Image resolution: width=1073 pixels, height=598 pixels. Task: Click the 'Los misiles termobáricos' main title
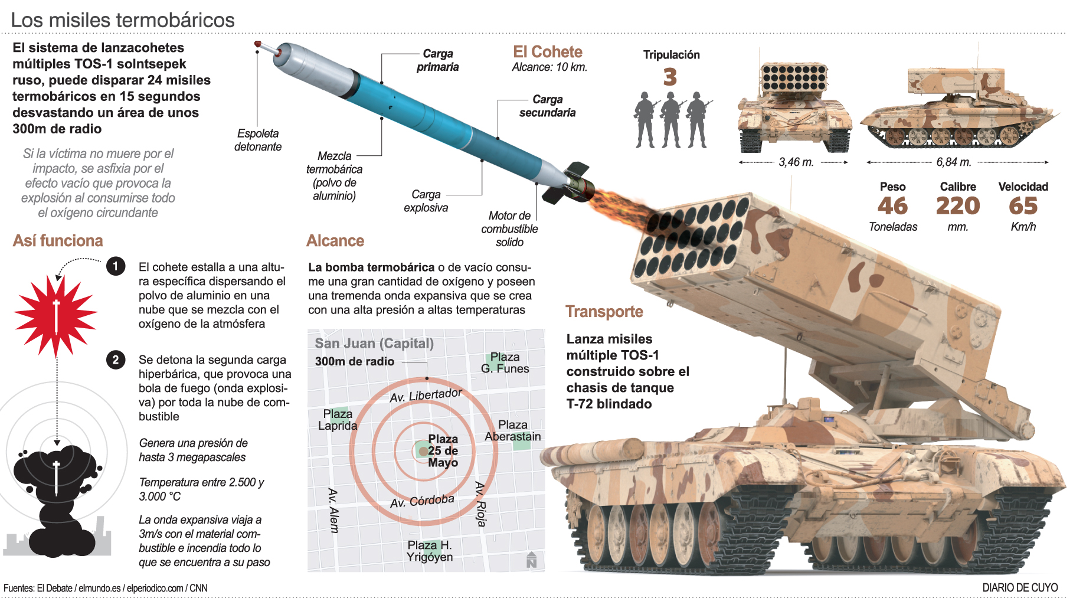[x=123, y=20]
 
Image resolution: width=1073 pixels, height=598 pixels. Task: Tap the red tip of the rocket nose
[x=258, y=44]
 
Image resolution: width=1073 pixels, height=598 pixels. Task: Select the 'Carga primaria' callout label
[x=437, y=60]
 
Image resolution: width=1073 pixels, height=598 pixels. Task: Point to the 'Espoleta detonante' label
[x=258, y=140]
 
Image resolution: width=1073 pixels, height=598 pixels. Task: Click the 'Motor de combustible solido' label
[x=509, y=229]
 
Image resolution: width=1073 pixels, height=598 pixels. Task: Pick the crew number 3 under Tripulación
[x=670, y=77]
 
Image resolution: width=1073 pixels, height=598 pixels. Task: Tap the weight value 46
[x=892, y=206]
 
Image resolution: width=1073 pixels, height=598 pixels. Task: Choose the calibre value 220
[x=957, y=206]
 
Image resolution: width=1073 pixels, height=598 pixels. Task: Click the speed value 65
[x=1023, y=206]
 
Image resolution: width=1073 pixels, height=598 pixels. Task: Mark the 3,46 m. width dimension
[x=796, y=162]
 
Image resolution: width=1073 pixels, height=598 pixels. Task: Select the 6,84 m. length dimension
[x=953, y=162]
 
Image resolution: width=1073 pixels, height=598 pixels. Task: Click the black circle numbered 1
[x=116, y=266]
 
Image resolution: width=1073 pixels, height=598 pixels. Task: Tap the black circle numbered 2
[x=116, y=360]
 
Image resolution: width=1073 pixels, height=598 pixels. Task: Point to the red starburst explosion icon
[x=56, y=313]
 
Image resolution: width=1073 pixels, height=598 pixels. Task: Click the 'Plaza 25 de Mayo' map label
[x=443, y=450]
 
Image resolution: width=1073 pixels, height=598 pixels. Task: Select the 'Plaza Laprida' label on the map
[x=338, y=420]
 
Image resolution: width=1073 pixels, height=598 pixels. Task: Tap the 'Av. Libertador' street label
[x=426, y=395]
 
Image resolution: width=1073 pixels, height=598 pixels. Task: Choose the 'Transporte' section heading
[x=604, y=312]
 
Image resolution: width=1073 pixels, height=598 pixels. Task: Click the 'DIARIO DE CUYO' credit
[x=1020, y=588]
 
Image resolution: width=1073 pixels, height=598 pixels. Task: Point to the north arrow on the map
[x=531, y=560]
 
